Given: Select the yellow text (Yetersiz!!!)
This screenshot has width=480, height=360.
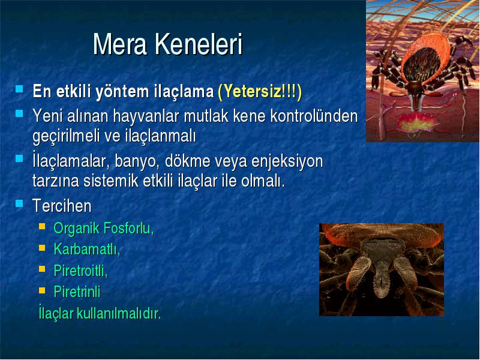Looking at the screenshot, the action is tap(260, 91).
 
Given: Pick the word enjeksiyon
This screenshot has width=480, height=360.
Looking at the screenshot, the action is tap(287, 161).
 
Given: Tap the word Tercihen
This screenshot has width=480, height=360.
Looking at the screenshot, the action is tap(62, 205).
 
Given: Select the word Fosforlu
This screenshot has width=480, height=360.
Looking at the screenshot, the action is tap(128, 228).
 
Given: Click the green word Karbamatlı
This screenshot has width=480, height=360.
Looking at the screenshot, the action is tap(86, 249).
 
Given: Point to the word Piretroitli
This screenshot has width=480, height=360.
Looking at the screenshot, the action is tap(80, 271).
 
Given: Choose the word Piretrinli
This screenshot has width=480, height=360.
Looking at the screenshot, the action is tap(77, 292).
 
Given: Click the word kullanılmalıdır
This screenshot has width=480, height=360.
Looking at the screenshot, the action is tap(118, 313).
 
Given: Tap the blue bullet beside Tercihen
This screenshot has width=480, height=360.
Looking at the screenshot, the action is tap(19, 203).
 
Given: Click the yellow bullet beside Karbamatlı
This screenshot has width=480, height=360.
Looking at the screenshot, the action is tap(42, 248).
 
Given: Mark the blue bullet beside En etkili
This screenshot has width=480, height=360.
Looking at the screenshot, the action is tap(19, 89).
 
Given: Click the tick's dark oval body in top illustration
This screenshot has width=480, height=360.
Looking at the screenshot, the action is tap(422, 65).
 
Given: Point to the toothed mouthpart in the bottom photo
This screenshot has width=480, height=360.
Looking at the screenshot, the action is tap(382, 282).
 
